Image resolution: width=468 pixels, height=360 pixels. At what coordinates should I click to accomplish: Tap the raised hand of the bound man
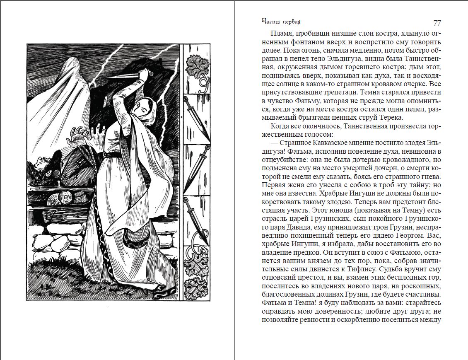79,133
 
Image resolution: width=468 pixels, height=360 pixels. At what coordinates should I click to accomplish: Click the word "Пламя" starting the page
281,34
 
